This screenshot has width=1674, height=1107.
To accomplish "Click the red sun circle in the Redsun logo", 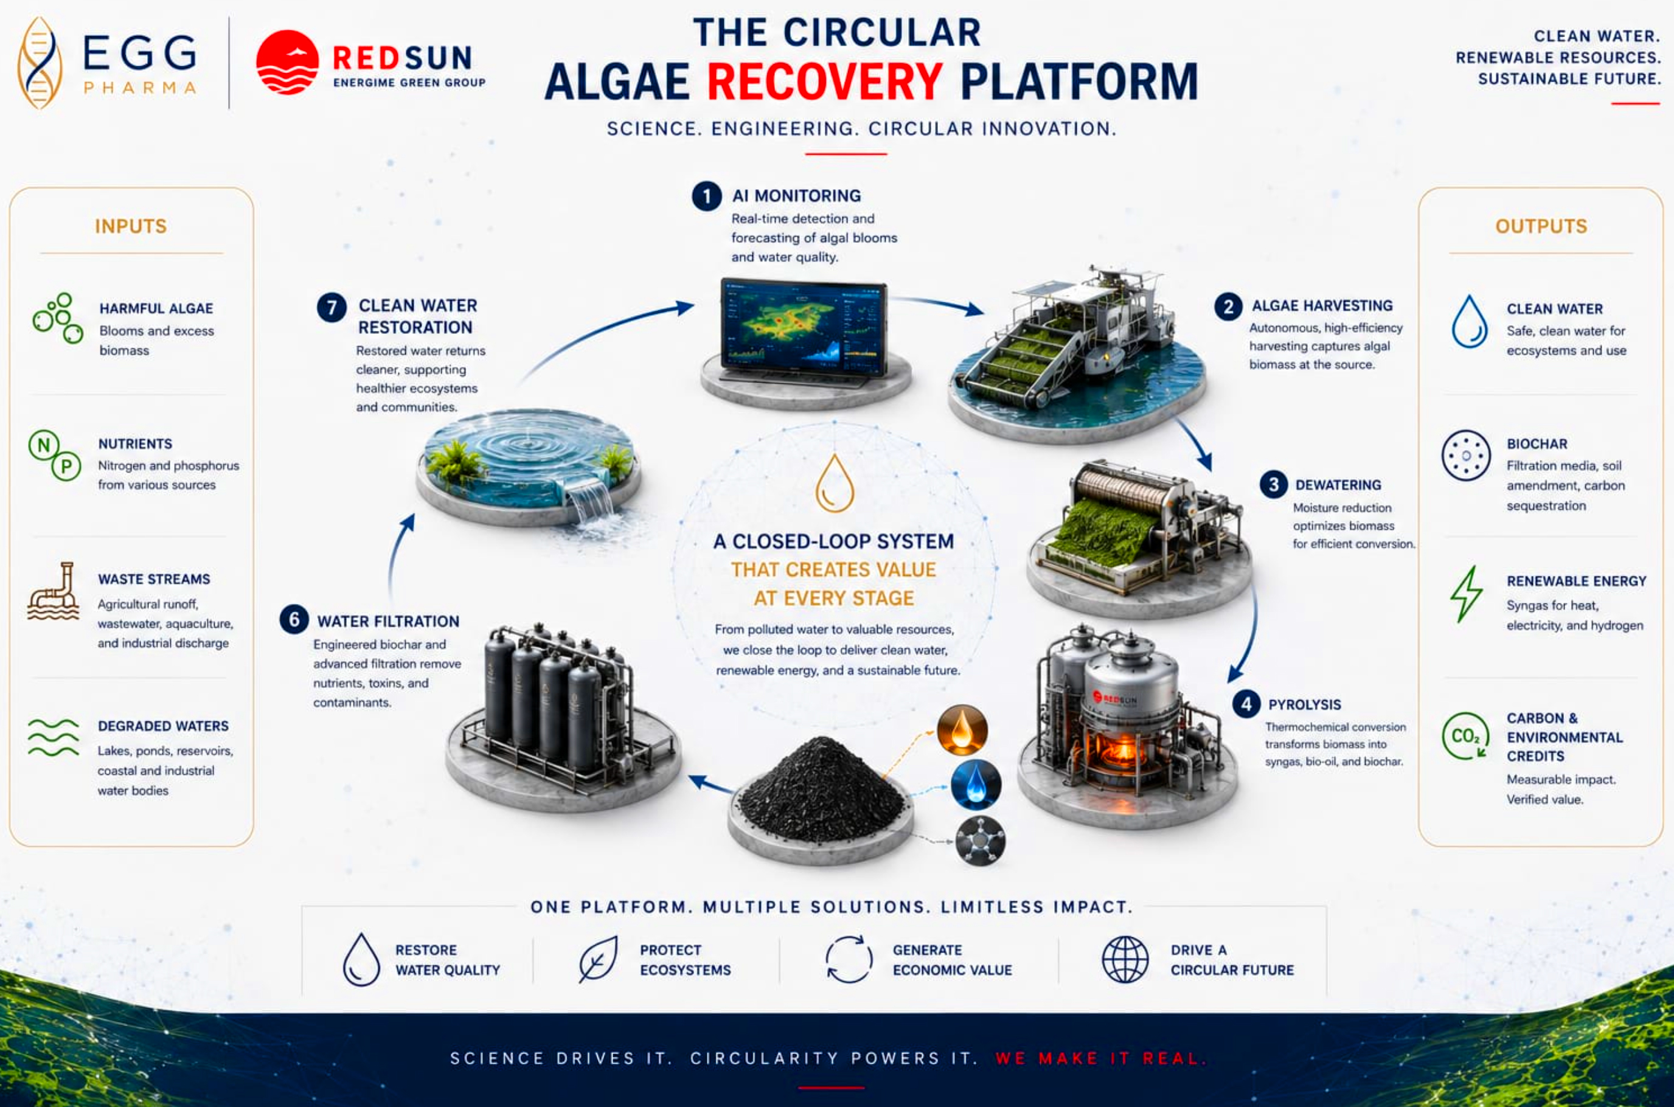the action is click(x=287, y=62).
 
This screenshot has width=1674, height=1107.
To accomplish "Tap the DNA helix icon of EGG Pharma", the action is click(x=40, y=63).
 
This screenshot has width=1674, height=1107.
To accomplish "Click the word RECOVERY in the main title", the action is click(x=825, y=82).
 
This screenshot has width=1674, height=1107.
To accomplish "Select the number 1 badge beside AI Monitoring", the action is click(x=707, y=196).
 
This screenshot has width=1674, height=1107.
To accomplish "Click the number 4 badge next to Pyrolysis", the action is click(x=1246, y=704).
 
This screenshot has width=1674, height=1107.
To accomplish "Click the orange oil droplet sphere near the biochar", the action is click(x=962, y=729).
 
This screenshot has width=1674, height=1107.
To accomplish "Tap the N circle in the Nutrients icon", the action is click(x=44, y=445).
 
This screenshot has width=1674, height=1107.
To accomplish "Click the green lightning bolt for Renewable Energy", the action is click(x=1467, y=594).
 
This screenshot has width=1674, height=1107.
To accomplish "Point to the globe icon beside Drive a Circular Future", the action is click(x=1125, y=959).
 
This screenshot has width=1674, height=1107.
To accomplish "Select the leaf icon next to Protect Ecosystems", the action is click(x=598, y=959).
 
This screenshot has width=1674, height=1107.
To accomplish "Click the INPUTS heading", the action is click(x=131, y=226).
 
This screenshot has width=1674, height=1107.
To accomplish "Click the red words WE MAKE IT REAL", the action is click(x=1100, y=1058).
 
